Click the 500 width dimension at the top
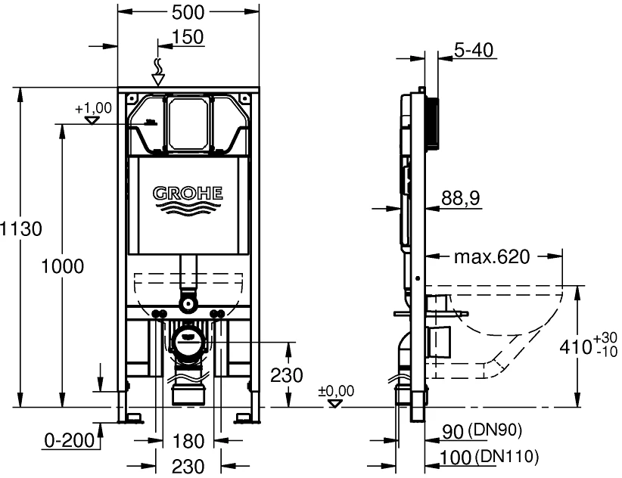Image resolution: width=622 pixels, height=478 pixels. coord(188,12)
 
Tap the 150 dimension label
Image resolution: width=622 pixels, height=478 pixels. coord(188,37)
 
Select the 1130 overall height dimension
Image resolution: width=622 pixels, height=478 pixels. coord(20,228)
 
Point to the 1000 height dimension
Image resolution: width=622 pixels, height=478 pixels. coord(63,266)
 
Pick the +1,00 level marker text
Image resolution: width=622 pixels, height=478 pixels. coord(94,108)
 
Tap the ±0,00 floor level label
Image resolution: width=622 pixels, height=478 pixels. coord(336,391)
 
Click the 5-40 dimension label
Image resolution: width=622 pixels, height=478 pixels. coord(474,50)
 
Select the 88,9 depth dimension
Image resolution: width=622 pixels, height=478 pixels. coord(461,197)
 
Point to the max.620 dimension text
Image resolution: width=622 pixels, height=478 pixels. coord(492,257)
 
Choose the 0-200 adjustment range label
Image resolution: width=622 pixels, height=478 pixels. coord(69,440)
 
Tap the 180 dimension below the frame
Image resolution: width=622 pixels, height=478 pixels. coord(188,441)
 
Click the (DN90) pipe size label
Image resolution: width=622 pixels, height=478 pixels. coord(495,430)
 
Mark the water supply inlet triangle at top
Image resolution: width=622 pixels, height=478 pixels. coord(158,79)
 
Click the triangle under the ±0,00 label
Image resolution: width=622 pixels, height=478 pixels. coord(336,403)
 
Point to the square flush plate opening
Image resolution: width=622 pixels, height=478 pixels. coord(188,123)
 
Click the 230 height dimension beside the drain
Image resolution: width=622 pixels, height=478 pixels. coord(286,375)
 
